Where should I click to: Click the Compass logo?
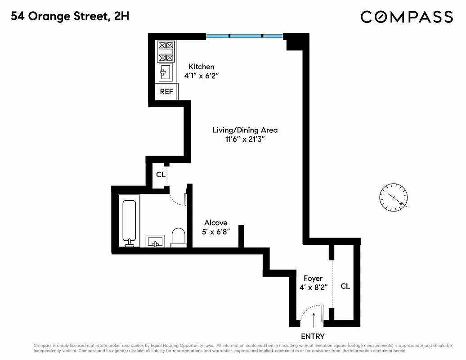click(407, 17)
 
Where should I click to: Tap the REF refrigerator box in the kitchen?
click(166, 92)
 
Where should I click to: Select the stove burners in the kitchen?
click(166, 51)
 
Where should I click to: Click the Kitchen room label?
click(201, 67)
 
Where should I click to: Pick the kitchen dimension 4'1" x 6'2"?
click(201, 76)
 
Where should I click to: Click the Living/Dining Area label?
click(245, 130)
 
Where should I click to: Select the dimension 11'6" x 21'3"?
click(245, 139)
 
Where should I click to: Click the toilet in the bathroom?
click(179, 237)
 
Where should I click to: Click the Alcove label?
click(215, 223)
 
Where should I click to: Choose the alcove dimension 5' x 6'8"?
click(216, 232)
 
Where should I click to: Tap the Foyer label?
click(313, 279)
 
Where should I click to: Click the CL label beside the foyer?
click(345, 286)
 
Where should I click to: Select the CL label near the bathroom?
click(161, 175)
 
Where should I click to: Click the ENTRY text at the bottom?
click(313, 336)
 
